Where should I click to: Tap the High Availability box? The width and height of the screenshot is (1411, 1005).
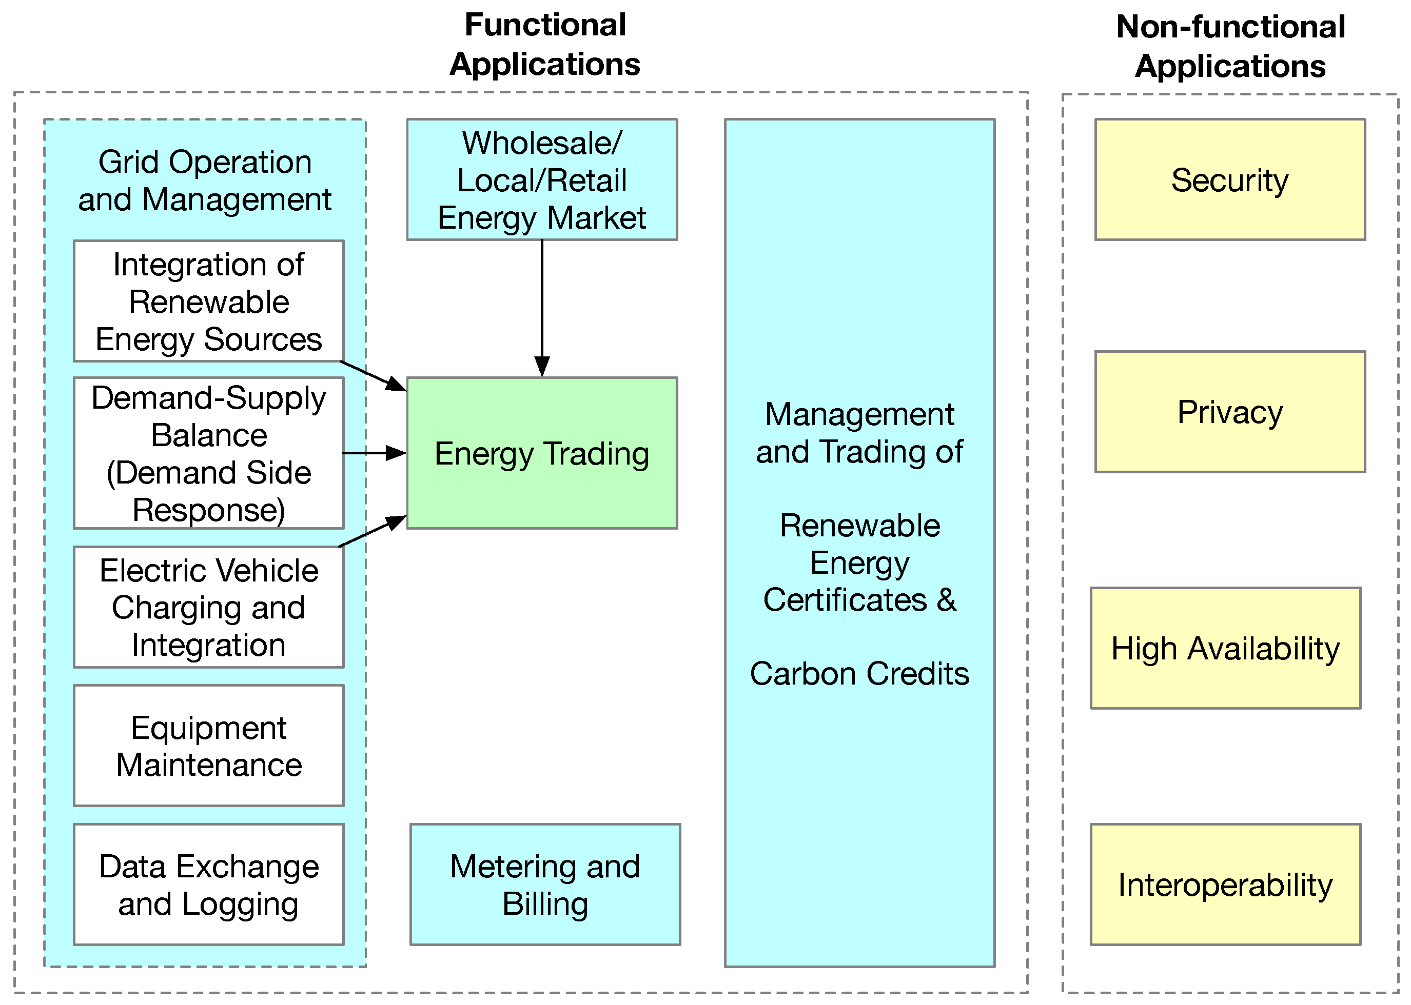[1225, 648]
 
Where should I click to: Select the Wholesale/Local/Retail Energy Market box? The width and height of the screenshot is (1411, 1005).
[542, 179]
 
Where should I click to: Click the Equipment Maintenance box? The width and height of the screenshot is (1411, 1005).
[209, 745]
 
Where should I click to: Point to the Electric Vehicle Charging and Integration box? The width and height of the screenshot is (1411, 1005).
[209, 607]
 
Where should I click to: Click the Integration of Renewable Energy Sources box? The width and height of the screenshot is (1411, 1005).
[209, 301]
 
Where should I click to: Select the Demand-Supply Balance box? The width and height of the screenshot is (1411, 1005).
[209, 452]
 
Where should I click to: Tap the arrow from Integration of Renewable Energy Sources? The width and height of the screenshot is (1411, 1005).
[373, 376]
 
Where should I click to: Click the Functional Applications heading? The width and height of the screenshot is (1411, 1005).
[545, 45]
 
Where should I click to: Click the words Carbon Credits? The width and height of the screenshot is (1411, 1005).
[859, 673]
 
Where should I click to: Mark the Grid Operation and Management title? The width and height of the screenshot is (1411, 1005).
[204, 180]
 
